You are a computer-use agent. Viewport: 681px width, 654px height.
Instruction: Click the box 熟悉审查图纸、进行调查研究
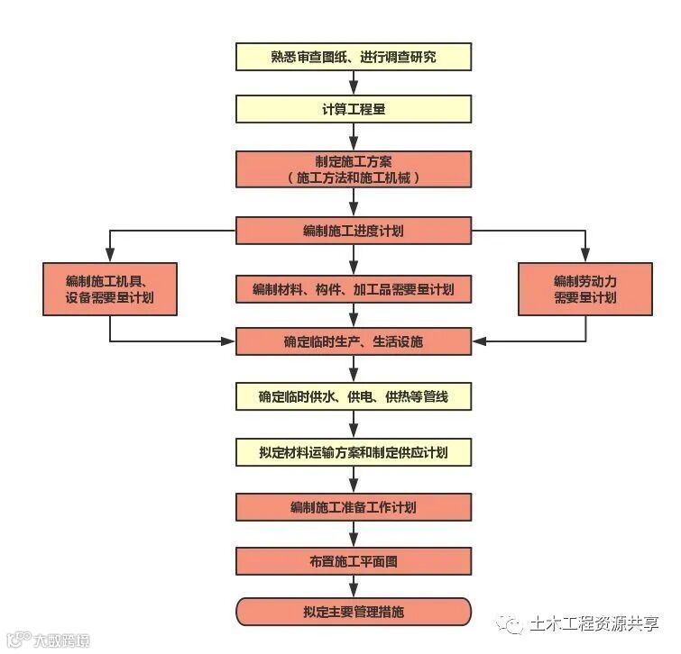pos(353,57)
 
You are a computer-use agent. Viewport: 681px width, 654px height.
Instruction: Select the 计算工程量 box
pos(353,109)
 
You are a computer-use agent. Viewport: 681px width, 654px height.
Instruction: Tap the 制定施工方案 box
pos(353,168)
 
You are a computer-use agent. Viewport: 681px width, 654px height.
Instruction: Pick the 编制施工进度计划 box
pos(353,231)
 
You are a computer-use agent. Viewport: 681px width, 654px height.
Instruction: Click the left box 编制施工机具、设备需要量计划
pos(110,288)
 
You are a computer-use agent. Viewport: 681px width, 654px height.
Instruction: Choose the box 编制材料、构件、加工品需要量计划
pos(353,288)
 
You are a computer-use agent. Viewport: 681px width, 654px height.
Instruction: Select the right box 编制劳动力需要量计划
pos(584,288)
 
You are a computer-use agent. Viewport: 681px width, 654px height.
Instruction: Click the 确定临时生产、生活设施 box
pos(353,341)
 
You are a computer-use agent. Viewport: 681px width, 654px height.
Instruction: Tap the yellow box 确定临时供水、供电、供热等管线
pos(353,396)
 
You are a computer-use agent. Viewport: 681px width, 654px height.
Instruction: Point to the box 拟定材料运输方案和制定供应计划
pos(353,451)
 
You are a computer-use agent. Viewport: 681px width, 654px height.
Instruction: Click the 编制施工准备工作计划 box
pos(353,506)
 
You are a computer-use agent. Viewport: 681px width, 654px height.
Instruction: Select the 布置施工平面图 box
pos(353,560)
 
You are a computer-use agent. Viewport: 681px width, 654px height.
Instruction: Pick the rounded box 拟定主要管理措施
pos(353,612)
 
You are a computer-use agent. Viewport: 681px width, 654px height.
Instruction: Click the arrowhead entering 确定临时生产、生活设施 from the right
pos(479,341)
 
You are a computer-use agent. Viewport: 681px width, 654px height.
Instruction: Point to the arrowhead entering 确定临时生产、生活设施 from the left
pos(228,341)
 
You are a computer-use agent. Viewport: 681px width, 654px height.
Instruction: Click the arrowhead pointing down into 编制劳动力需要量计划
pos(584,257)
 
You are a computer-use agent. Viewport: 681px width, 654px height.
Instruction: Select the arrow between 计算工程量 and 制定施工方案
pos(353,137)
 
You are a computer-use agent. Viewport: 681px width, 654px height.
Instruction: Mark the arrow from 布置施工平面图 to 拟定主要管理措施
pos(353,586)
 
